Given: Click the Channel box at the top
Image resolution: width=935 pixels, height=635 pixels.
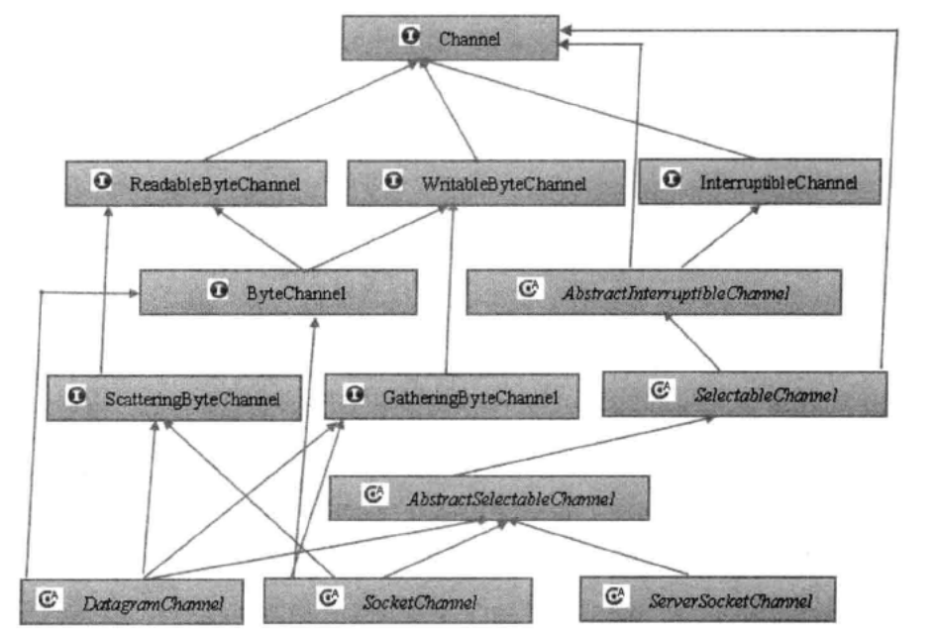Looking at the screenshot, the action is pos(451,38).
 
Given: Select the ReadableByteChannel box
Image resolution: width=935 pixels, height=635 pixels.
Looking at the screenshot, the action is pos(196,183).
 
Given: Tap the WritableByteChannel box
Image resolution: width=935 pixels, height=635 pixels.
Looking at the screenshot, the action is pos(486,182).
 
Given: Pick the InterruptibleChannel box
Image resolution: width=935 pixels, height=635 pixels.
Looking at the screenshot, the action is pos(760,181).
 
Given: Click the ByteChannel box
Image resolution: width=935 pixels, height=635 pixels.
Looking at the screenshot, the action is pos(278,292).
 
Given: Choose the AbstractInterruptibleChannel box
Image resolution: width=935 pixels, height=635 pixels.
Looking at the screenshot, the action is pos(654,291).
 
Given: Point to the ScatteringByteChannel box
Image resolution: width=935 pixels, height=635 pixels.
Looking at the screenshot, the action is pos(174,397).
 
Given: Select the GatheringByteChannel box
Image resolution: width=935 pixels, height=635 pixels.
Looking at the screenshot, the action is pos(452,396).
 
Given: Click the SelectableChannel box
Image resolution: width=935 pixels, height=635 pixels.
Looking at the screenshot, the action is pos(745,393).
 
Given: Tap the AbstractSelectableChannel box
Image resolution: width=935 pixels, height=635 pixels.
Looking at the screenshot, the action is pos(489,498).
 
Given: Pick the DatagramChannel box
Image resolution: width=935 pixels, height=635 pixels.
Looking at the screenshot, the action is pos(132,601).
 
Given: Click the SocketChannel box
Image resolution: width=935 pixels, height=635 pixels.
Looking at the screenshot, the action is pos(398,600).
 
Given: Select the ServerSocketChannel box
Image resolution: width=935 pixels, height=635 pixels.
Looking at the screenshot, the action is pos(707,598).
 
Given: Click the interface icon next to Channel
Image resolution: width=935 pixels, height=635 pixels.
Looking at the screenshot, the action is pos(410,36).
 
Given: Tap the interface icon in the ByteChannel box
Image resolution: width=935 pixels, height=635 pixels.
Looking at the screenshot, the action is pos(219,290).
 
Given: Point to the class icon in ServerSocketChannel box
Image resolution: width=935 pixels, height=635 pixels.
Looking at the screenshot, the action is pos(615,595).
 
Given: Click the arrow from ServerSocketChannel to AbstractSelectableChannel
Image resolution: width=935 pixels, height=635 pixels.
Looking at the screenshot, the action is pos(598,549).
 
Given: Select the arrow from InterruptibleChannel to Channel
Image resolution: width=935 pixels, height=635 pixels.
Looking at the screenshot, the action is pos(586,109).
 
